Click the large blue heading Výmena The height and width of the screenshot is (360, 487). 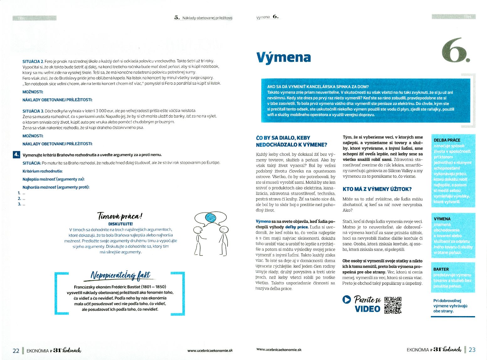pyautogui.click(x=283, y=57)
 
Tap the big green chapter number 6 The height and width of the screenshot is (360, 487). pyautogui.click(x=455, y=50)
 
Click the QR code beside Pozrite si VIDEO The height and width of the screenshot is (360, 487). pyautogui.click(x=393, y=305)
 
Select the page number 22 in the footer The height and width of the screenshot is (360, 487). pyautogui.click(x=16, y=351)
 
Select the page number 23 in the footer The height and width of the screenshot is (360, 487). pyautogui.click(x=472, y=350)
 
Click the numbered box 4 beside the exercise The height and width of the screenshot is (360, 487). pyautogui.click(x=16, y=154)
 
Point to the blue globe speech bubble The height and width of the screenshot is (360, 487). pyautogui.click(x=210, y=217)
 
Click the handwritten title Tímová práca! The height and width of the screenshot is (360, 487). pyautogui.click(x=120, y=216)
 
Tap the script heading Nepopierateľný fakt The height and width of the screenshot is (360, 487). pyautogui.click(x=120, y=275)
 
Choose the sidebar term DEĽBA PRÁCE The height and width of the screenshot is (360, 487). pyautogui.click(x=447, y=140)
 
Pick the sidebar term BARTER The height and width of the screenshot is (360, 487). pyautogui.click(x=441, y=269)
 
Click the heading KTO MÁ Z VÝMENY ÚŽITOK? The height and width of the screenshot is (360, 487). pyautogui.click(x=377, y=189)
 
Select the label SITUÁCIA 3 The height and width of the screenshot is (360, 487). pyautogui.click(x=33, y=111)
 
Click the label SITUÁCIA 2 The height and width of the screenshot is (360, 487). pyautogui.click(x=33, y=61)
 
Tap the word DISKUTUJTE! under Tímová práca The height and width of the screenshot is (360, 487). pyautogui.click(x=120, y=224)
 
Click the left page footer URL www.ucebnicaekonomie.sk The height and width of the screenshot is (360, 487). pyautogui.click(x=210, y=351)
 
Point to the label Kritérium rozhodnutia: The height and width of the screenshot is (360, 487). pyautogui.click(x=43, y=171)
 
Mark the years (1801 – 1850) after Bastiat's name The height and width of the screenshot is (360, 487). pyautogui.click(x=153, y=287)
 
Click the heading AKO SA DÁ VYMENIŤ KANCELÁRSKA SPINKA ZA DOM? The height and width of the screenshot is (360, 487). pyautogui.click(x=318, y=87)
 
